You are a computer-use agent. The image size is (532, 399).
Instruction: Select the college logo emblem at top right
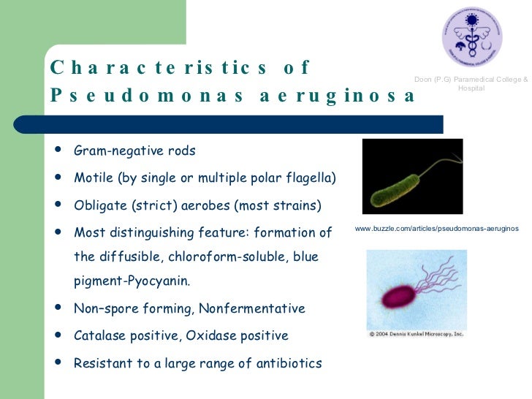point(471,37)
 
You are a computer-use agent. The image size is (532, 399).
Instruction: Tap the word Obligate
point(99,205)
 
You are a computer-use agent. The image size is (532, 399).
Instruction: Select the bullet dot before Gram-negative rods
point(58,150)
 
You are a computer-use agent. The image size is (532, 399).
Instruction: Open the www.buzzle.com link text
point(436,229)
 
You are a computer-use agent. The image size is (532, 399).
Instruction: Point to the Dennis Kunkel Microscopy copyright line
point(416,334)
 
